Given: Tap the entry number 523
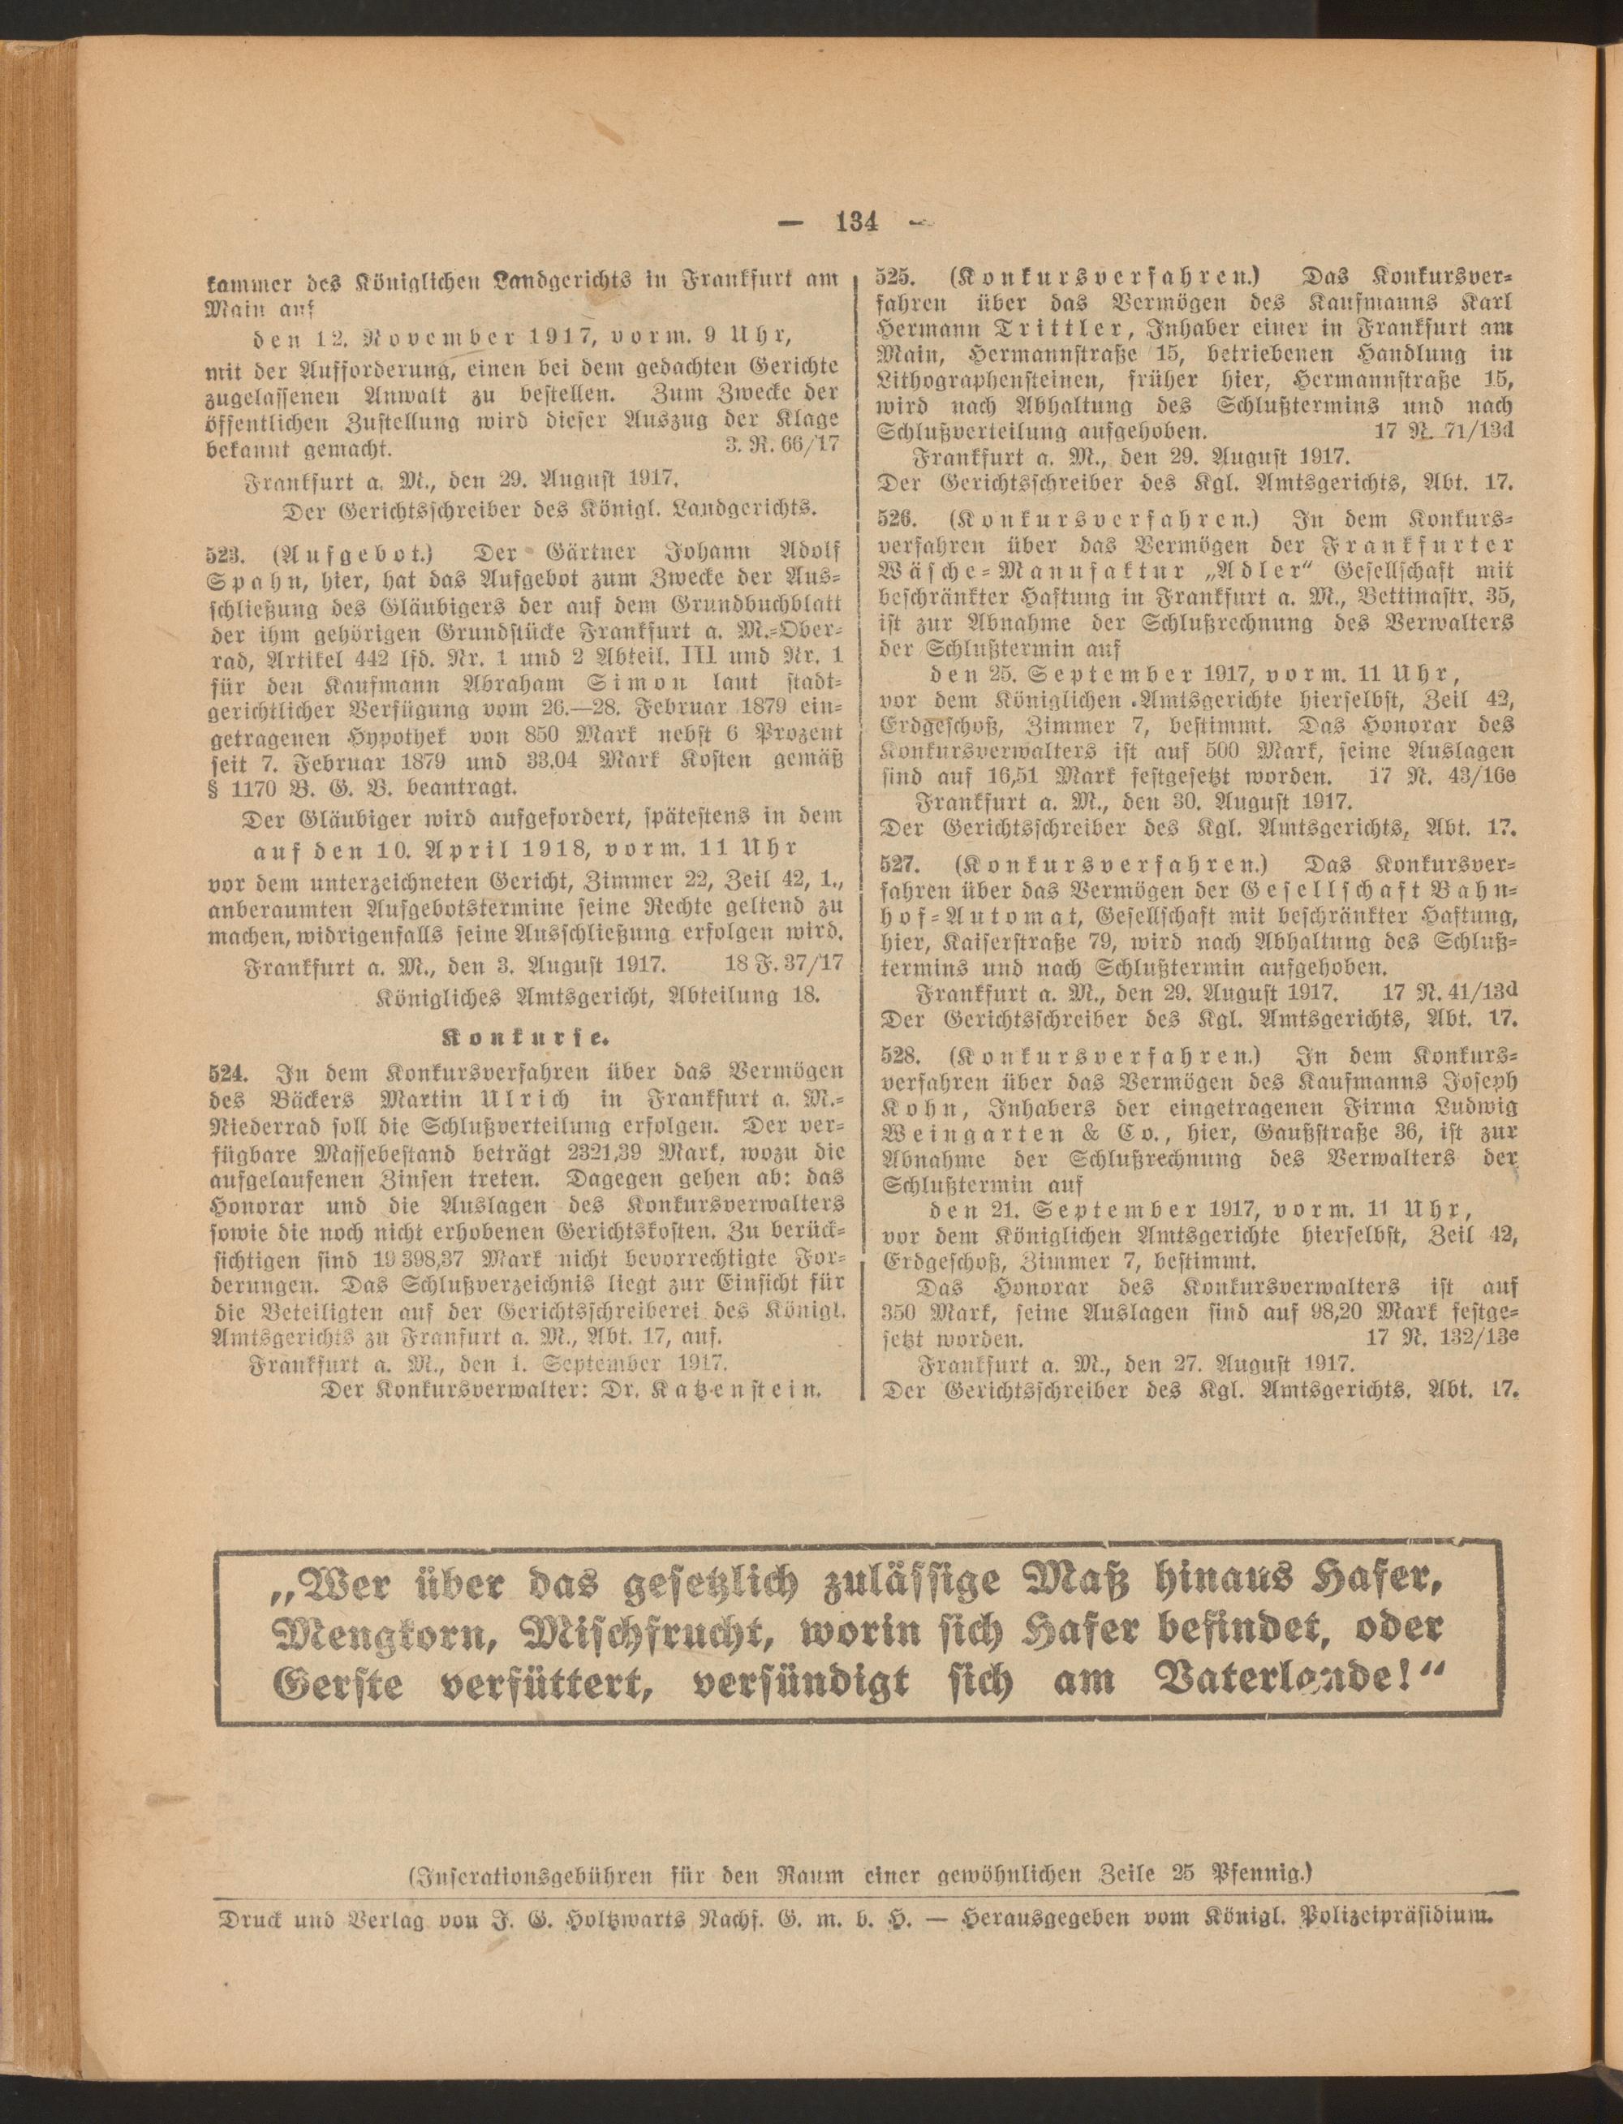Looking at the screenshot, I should (223, 553).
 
